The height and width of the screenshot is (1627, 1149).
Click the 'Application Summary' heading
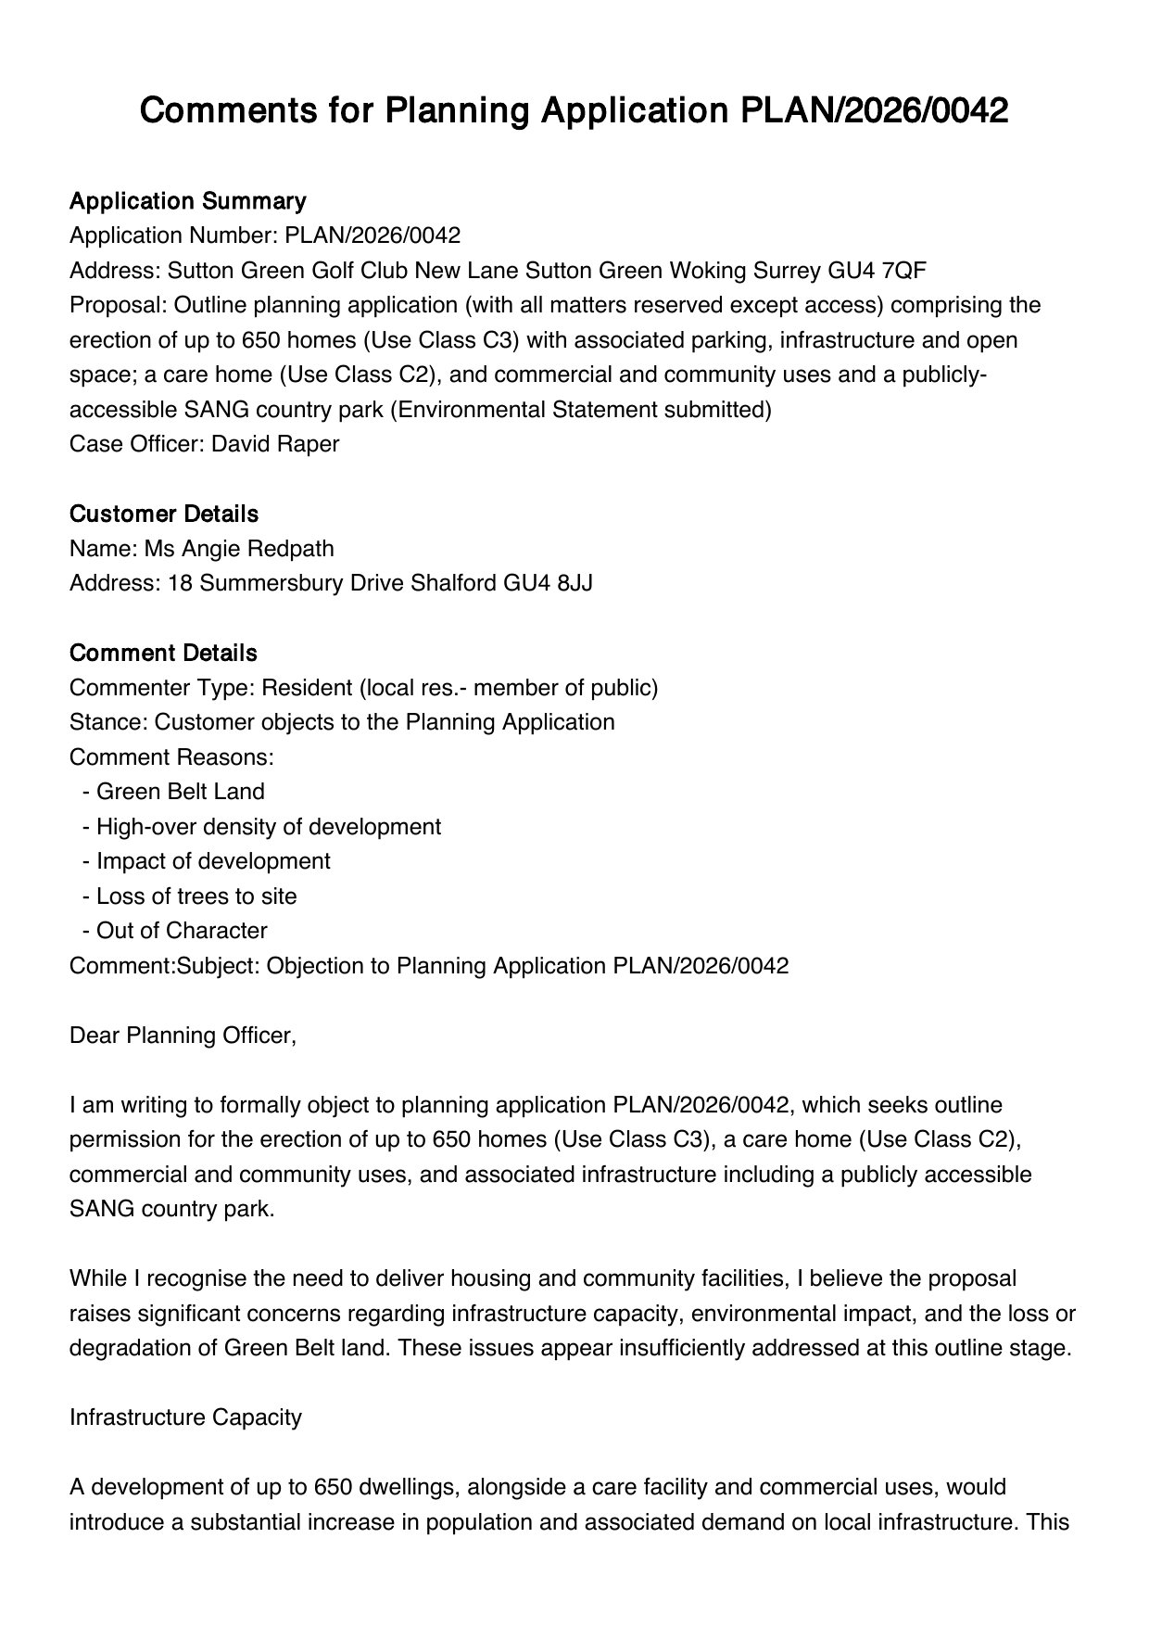(187, 201)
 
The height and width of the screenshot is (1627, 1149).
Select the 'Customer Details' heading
(164, 514)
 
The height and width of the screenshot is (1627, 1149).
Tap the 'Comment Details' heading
(163, 653)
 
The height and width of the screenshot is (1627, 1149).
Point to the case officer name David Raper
(275, 444)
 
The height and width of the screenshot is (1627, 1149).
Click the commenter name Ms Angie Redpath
(238, 549)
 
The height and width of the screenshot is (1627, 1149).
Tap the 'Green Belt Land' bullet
(180, 792)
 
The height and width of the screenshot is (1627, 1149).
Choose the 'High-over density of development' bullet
(268, 826)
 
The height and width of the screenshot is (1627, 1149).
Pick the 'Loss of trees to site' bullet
(196, 896)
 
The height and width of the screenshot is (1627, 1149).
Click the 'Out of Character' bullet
(181, 931)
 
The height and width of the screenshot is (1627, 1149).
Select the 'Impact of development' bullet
(212, 861)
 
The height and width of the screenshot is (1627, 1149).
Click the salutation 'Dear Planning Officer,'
(183, 1036)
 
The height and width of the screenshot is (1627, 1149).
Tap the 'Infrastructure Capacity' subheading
(185, 1417)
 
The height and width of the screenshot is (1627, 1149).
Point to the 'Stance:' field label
(108, 722)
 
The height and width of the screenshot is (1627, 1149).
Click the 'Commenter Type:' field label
(162, 688)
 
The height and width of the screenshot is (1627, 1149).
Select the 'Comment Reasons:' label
(171, 757)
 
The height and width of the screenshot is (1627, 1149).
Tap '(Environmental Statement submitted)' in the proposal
(579, 410)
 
